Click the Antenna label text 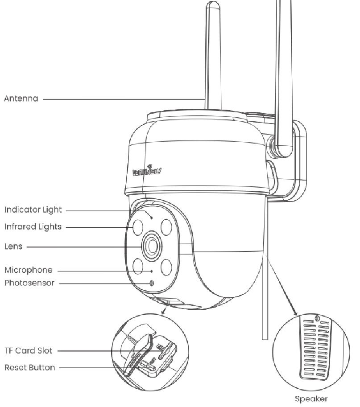21,99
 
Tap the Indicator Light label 33,209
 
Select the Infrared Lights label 33,227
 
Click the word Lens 13,246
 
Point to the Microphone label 28,270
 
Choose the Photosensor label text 29,283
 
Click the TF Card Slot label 28,350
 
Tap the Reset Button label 30,368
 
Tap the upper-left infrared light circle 137,226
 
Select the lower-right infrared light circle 167,267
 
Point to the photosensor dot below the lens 152,283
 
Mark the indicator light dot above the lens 152,218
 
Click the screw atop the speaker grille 316,318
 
